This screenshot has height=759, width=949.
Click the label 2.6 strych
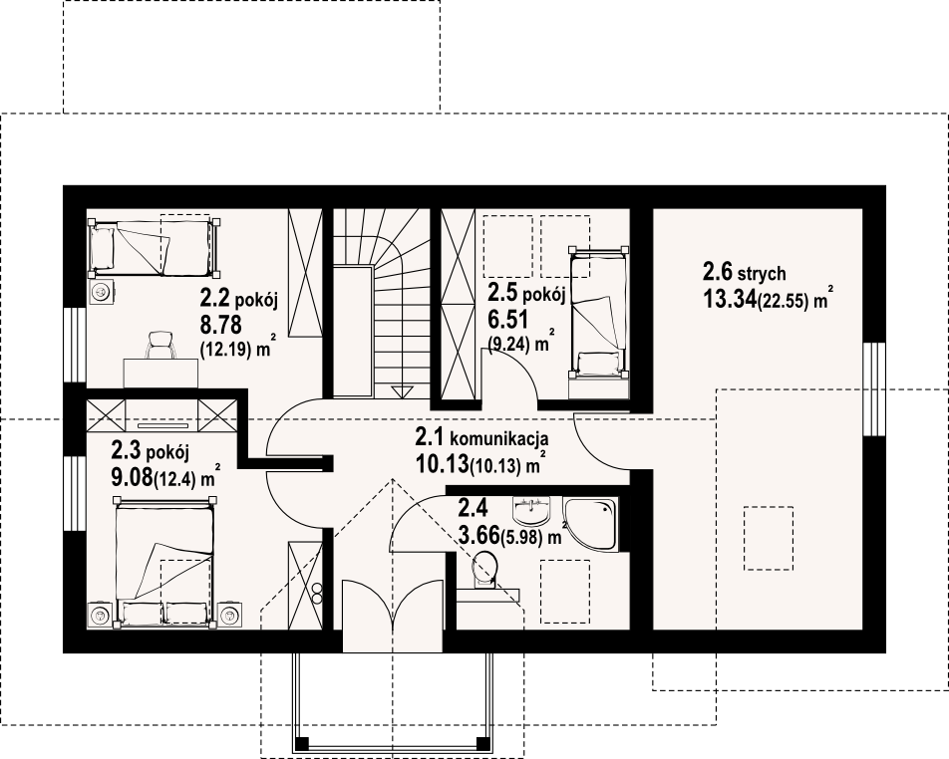pyautogui.click(x=744, y=272)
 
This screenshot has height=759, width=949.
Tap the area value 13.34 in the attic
pyautogui.click(x=730, y=299)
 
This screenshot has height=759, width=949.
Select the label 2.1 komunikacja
pyautogui.click(x=481, y=436)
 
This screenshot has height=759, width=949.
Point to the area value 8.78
pyautogui.click(x=221, y=325)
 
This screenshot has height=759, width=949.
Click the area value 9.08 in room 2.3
pyautogui.click(x=132, y=478)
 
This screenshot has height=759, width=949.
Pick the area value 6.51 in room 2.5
pyautogui.click(x=500, y=320)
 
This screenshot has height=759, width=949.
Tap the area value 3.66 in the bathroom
pyautogui.click(x=478, y=535)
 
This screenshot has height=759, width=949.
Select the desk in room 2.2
pyautogui.click(x=161, y=374)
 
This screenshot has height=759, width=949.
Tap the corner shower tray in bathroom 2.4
pyautogui.click(x=591, y=524)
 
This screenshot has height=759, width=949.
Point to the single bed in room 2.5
pyautogui.click(x=597, y=312)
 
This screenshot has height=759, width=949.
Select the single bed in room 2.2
pyautogui.click(x=155, y=249)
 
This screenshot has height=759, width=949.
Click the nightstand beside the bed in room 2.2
pyautogui.click(x=101, y=292)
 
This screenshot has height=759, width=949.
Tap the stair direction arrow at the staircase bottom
pyautogui.click(x=401, y=391)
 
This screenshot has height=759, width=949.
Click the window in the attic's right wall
pyautogui.click(x=874, y=388)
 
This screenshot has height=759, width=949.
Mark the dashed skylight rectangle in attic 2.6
pyautogui.click(x=768, y=538)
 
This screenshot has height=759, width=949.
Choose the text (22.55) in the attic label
pyautogui.click(x=784, y=302)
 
